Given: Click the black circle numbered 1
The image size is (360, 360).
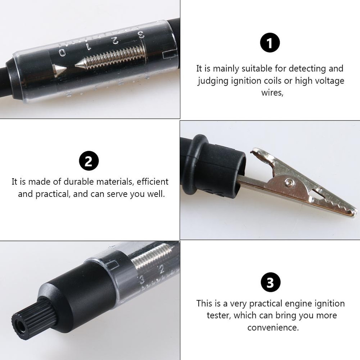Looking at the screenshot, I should tap(270, 42).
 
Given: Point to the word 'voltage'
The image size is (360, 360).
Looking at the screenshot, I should tap(329, 81).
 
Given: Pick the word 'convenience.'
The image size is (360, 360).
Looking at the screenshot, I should tap(273, 328).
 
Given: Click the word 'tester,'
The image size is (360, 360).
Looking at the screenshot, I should tap(219, 316).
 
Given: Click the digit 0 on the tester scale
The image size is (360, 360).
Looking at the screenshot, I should tap(63, 53).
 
